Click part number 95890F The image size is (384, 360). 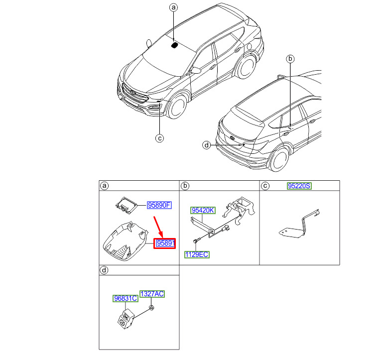tap(159, 205)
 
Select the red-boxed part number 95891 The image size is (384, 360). tap(164, 243)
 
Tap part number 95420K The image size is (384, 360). tap(203, 210)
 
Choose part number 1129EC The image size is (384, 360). tap(197, 254)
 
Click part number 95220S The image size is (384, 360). tap(299, 186)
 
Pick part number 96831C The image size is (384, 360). tap(126, 298)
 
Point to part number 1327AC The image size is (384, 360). tap(152, 294)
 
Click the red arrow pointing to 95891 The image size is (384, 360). tap(158, 227)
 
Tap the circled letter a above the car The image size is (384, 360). tap(173, 7)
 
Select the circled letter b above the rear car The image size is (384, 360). tap(290, 59)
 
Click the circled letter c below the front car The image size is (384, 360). tap(159, 138)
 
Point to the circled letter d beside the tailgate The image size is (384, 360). tap(207, 145)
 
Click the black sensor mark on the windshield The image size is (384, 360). tap(174, 45)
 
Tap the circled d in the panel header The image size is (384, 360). tap(104, 270)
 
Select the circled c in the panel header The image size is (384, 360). tap(265, 186)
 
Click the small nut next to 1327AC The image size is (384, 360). tap(151, 308)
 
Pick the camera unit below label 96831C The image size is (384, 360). tap(126, 318)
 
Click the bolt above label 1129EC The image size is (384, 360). tap(196, 241)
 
